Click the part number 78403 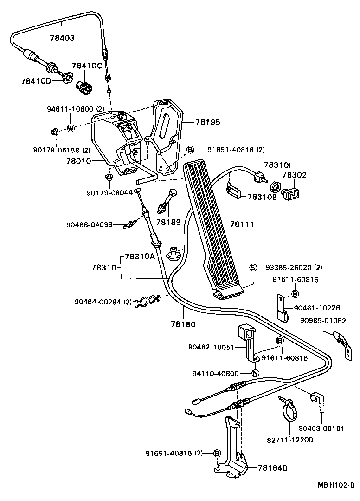coord(62,38)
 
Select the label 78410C coord(86,66)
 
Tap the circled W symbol coord(71,128)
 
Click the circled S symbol coord(253,267)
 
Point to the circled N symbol coord(255,373)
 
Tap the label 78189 coord(168,223)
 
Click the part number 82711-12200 coord(290,440)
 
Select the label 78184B coord(272,468)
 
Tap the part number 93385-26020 coord(289,267)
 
